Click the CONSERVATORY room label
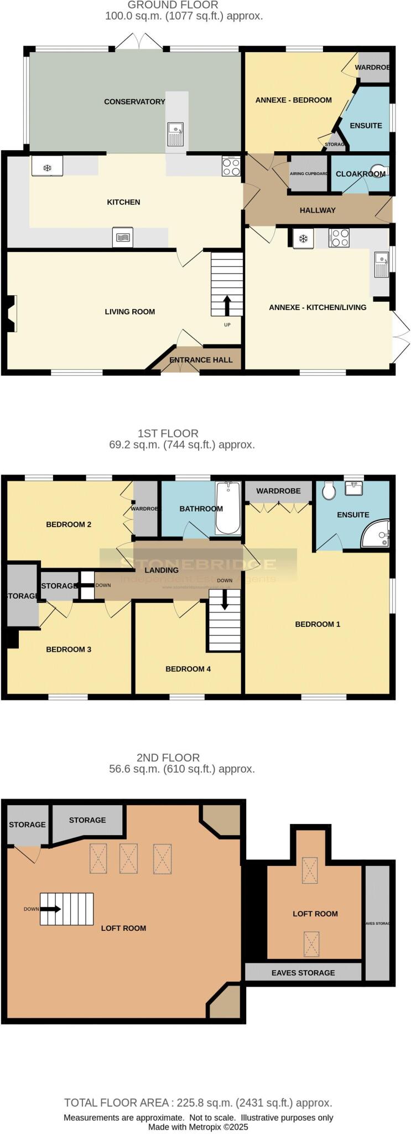tap(134, 102)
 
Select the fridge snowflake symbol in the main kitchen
tap(48, 167)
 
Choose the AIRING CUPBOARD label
tap(309, 174)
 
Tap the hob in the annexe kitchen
tap(339, 238)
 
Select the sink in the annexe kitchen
tap(381, 264)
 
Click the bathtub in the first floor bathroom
tap(227, 508)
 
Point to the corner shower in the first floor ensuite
tap(378, 533)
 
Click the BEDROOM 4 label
tap(188, 669)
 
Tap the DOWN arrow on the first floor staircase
tap(225, 600)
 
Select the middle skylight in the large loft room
tap(129, 859)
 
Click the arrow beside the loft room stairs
tap(53, 909)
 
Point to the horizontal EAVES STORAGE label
tap(303, 972)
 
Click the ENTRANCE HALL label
tap(201, 360)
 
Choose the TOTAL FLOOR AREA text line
tap(198, 1102)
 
